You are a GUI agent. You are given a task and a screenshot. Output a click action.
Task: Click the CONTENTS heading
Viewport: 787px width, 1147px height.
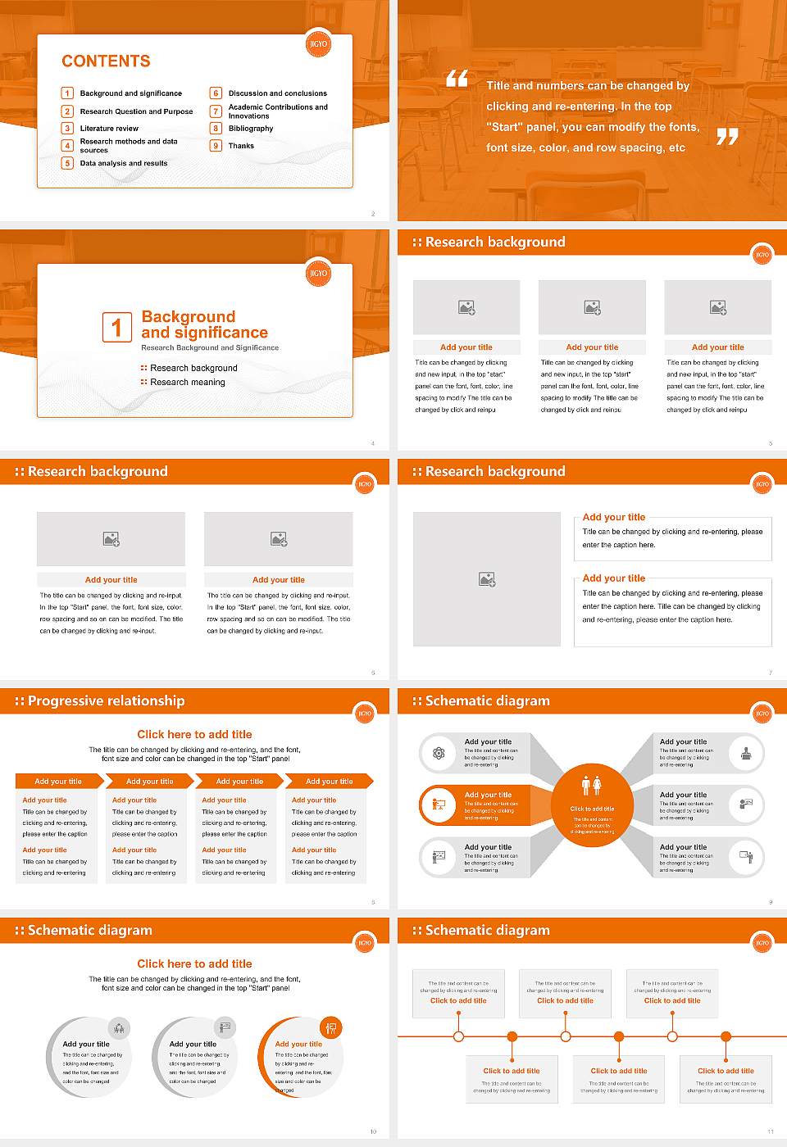click(x=106, y=61)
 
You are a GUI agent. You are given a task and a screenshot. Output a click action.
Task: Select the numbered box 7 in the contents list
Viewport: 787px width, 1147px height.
click(x=216, y=111)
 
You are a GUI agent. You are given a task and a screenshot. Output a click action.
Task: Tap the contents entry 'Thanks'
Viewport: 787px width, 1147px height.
click(x=241, y=146)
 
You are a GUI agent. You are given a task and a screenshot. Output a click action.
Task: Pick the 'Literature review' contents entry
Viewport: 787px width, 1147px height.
click(x=109, y=129)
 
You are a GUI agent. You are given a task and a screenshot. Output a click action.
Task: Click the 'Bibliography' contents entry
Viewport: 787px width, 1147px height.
click(x=251, y=129)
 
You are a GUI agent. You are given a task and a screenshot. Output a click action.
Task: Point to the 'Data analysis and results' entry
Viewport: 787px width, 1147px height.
click(x=124, y=163)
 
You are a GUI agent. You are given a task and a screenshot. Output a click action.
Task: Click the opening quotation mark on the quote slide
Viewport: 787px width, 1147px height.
click(x=457, y=79)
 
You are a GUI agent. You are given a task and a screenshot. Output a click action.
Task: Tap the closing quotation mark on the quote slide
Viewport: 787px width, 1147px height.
click(x=727, y=136)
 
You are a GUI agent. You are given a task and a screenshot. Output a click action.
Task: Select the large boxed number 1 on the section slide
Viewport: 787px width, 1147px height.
click(x=116, y=327)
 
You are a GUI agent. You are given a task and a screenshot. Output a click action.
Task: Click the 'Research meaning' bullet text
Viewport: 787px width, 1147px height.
click(x=188, y=383)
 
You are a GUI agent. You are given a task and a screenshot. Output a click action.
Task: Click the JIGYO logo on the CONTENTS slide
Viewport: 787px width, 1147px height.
click(x=318, y=43)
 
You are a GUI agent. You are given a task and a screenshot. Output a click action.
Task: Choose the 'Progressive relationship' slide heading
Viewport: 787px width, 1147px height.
click(x=106, y=701)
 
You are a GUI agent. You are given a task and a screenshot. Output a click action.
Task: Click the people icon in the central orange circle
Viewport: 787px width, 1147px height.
click(x=592, y=786)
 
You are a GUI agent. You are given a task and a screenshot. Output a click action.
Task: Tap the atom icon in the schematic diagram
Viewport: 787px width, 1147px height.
click(x=439, y=753)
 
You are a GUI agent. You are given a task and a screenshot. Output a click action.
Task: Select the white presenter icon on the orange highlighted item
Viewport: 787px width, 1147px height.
click(x=439, y=805)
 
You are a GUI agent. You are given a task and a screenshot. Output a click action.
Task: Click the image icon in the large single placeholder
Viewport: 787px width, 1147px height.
click(x=487, y=579)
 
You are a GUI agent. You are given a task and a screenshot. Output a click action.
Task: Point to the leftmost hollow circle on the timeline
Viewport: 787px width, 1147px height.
click(x=458, y=1036)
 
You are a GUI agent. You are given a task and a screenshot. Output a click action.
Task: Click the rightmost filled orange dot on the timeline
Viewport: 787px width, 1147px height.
click(x=726, y=1036)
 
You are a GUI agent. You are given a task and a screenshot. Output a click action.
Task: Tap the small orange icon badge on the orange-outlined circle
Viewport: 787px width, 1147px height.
click(x=331, y=1027)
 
